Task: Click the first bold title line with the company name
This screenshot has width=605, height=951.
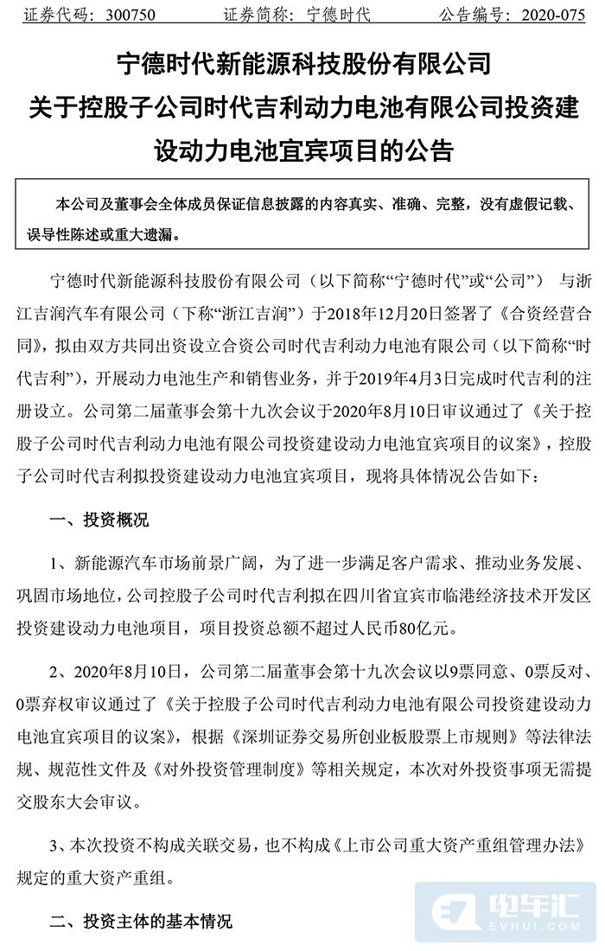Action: click(302, 63)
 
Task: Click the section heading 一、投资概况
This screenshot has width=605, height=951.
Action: click(99, 520)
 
